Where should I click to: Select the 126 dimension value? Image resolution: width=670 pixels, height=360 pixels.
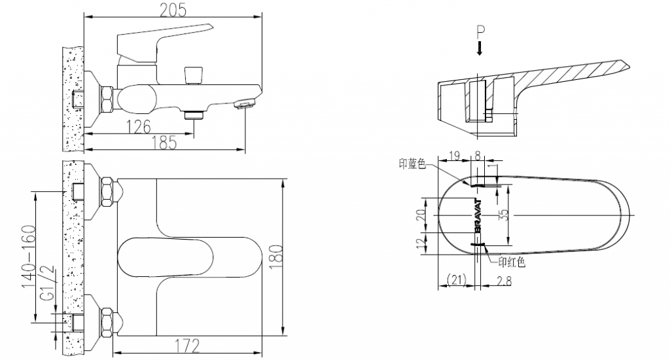(x=138, y=126)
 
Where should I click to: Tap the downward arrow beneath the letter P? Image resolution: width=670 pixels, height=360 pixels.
(x=480, y=48)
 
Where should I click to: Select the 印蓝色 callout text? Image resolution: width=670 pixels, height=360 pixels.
(x=412, y=164)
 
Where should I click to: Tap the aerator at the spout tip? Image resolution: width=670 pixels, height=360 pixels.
(x=244, y=103)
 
